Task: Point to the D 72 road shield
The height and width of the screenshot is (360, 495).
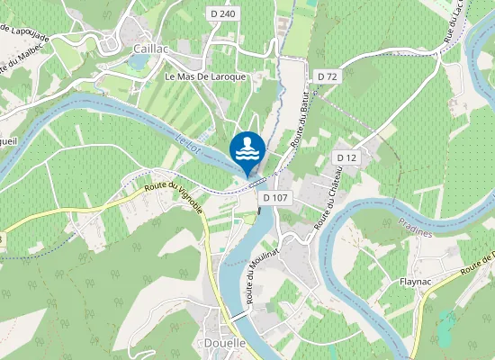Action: coord(327,76)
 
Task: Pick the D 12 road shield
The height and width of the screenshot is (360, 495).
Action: coord(346,158)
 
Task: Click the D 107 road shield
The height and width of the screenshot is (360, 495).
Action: coord(275,197)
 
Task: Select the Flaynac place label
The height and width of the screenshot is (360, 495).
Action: coord(418,282)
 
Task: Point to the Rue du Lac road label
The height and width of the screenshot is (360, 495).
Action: coord(454,22)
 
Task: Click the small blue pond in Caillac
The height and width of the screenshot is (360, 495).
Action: coord(138,61)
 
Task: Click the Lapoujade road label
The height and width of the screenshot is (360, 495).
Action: coord(22,34)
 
